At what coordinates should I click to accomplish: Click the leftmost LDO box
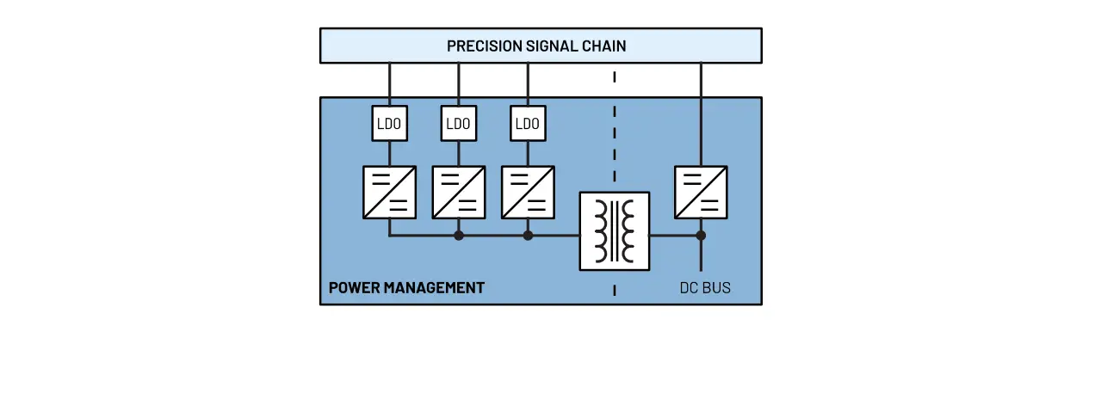389,124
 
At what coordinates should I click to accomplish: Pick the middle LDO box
458,124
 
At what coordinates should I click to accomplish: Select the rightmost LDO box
527,124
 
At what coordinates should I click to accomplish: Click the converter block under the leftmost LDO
389,192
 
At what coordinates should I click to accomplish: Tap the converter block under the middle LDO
458,192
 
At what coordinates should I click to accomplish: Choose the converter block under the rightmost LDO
527,192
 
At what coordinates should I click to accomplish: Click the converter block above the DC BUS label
701,192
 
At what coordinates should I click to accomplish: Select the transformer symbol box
614,231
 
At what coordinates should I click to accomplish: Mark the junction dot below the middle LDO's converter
459,235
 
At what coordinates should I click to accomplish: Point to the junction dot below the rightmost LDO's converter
528,235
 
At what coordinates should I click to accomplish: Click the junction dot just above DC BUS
701,235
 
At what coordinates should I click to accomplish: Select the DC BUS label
705,288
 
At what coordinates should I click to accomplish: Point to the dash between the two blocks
614,77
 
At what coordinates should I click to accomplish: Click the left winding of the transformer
600,231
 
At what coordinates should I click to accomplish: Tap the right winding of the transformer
628,231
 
